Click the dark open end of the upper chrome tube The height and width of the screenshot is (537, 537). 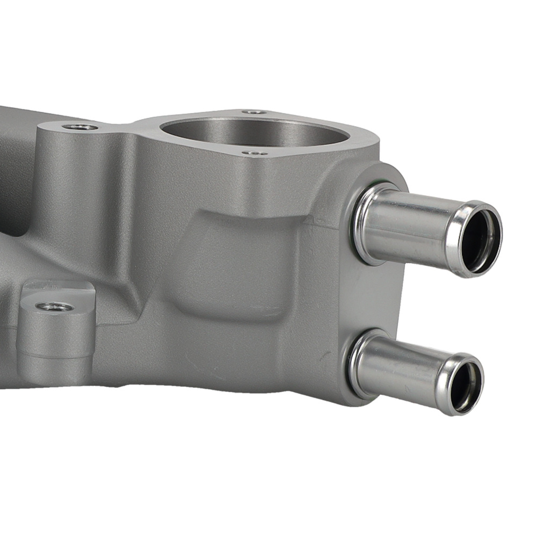pos(480,240)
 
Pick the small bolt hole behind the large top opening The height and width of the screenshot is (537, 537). pos(254,112)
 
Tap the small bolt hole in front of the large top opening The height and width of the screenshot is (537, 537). pos(254,153)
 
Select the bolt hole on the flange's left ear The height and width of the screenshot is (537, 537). pos(81,127)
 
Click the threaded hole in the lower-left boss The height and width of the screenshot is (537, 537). pos(54,307)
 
